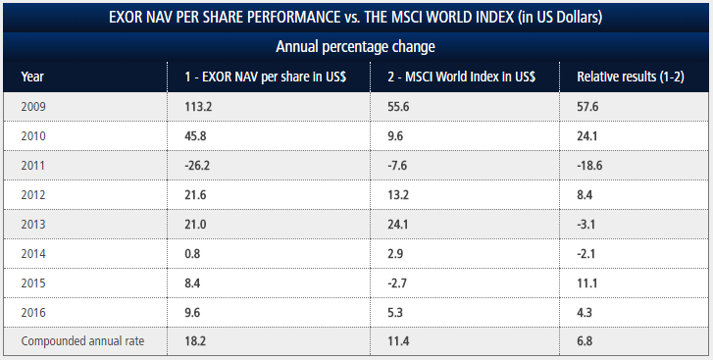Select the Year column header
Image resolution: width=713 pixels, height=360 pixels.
32,76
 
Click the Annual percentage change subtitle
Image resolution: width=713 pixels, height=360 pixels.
356,46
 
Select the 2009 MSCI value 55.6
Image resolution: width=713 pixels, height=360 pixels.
390,106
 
